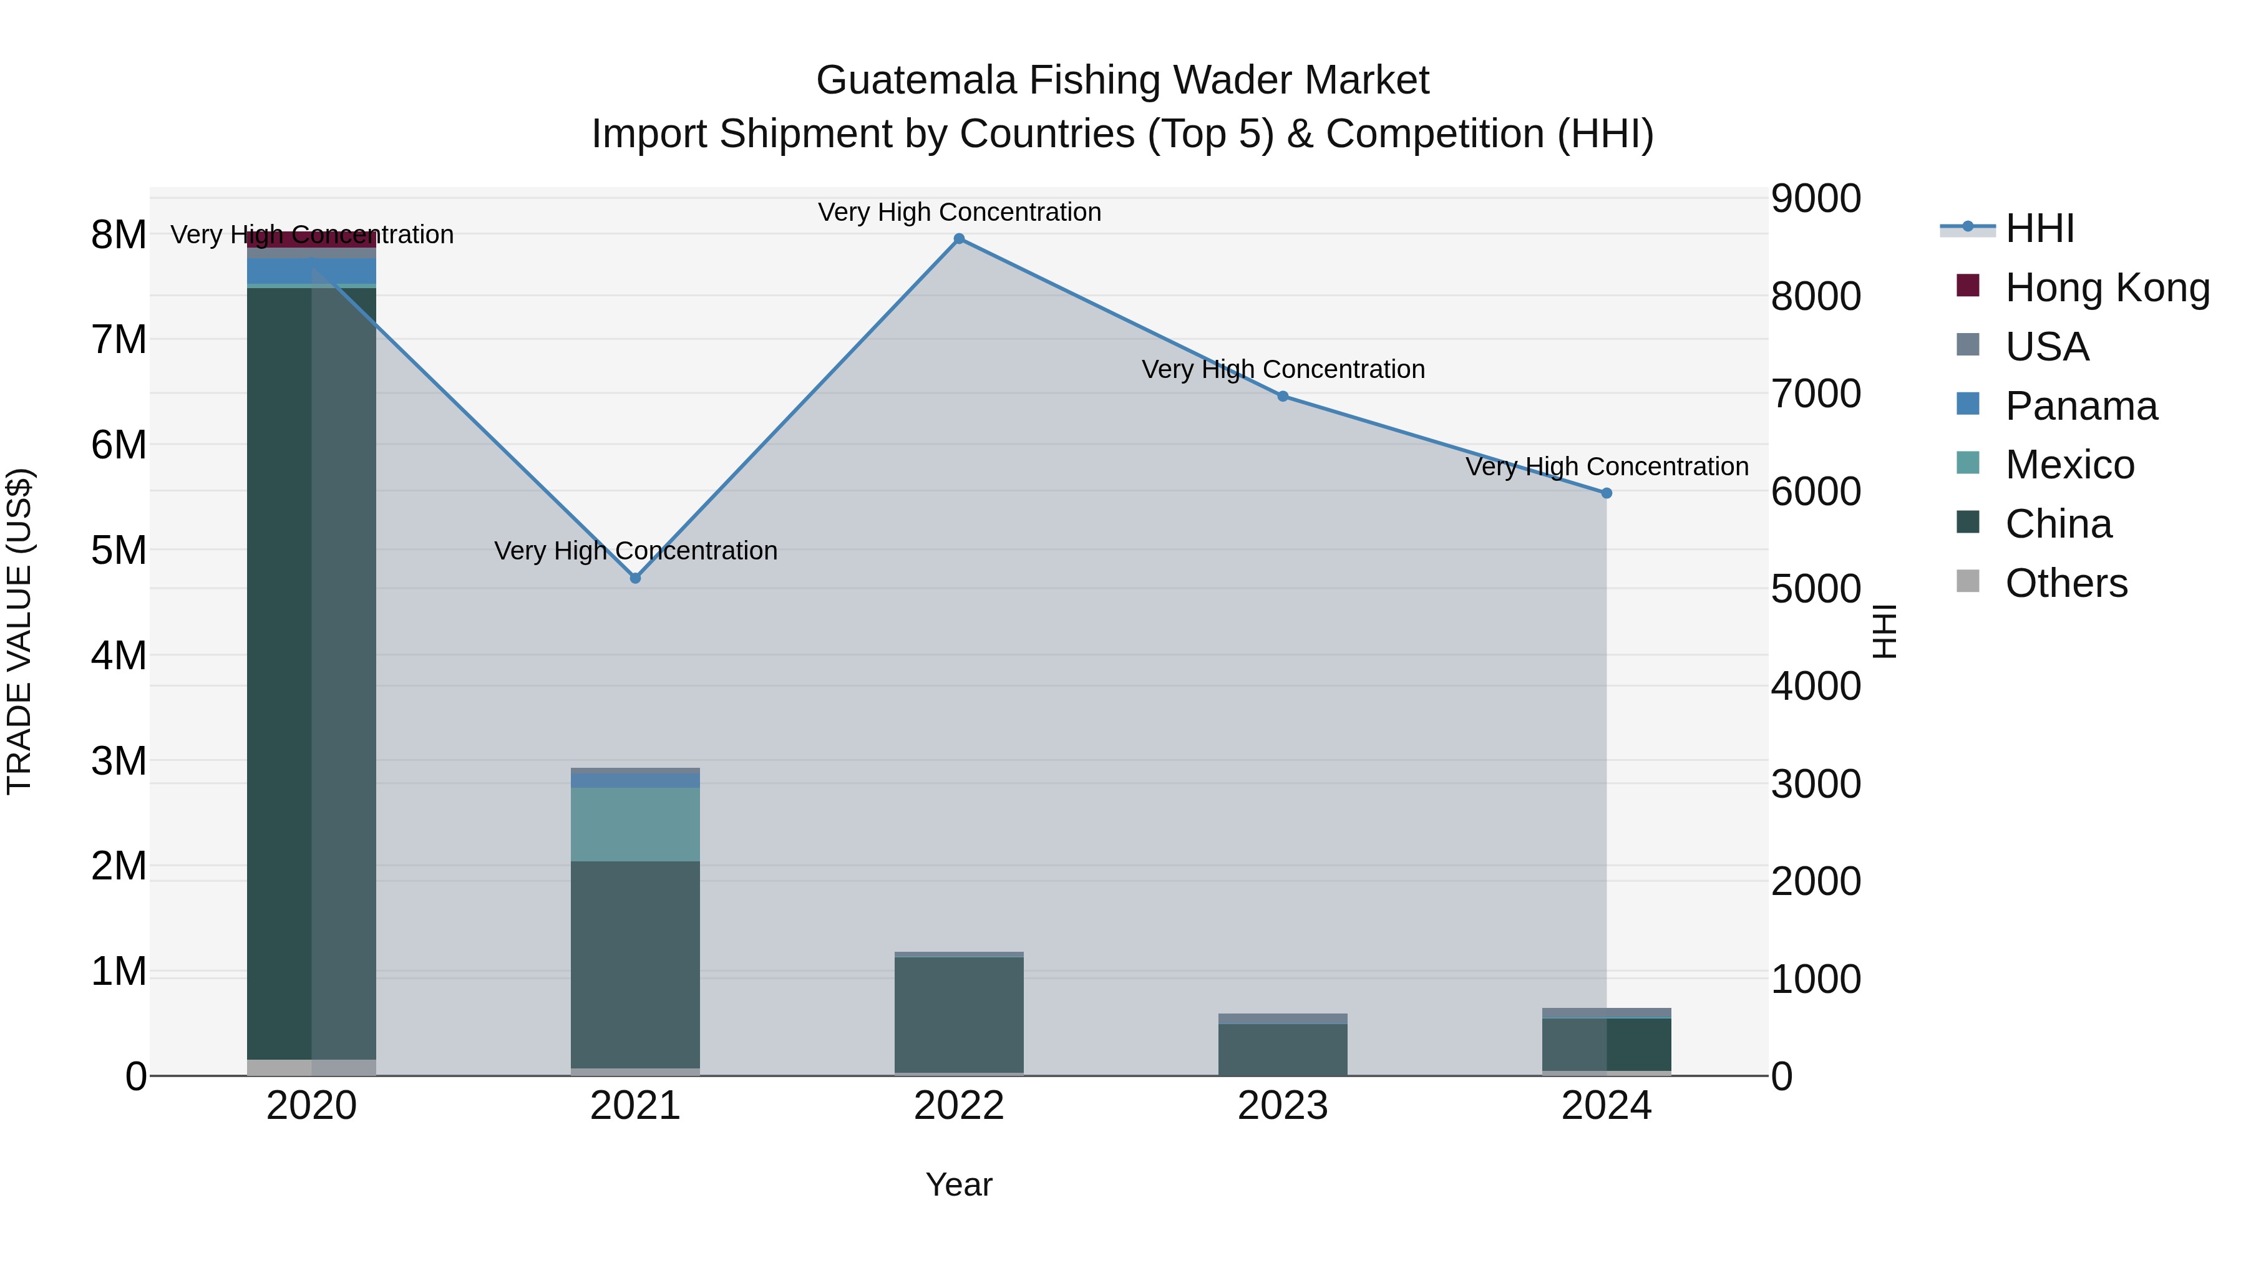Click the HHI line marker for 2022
[x=959, y=239]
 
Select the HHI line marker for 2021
[x=636, y=578]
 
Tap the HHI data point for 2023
[x=1283, y=395]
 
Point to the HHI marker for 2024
[x=1607, y=493]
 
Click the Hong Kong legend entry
[x=2106, y=288]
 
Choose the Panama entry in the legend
[x=2080, y=406]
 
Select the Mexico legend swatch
[x=1968, y=463]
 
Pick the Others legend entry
[x=2066, y=583]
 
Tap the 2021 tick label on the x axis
[x=636, y=1106]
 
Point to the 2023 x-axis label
[x=1283, y=1106]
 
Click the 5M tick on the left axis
[x=119, y=550]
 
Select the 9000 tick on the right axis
[x=1816, y=199]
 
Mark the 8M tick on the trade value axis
[x=119, y=235]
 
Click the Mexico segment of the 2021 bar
[x=636, y=824]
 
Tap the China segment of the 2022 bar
[x=959, y=1015]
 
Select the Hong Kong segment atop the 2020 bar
[x=311, y=240]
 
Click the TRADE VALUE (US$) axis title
[x=19, y=631]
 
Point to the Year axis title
[x=959, y=1184]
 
